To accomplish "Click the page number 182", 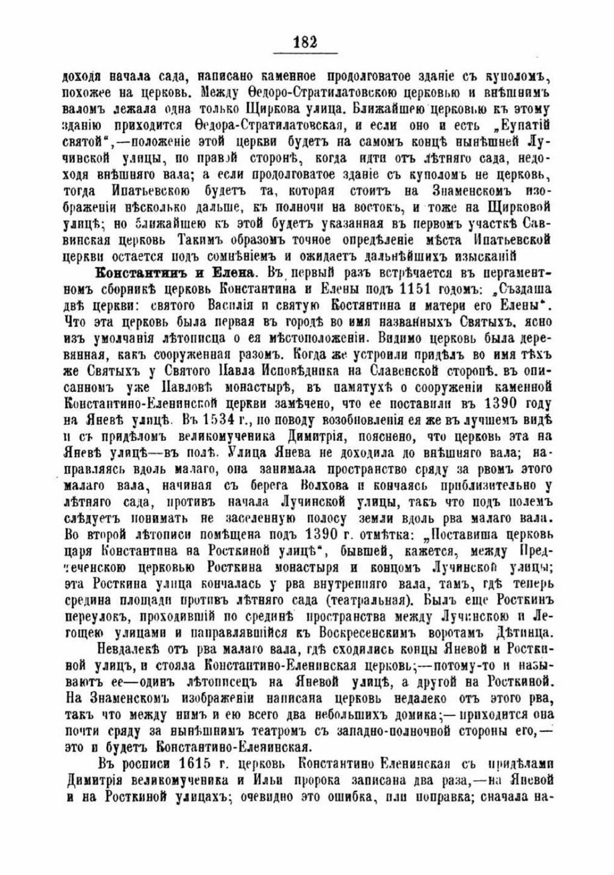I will [306, 41].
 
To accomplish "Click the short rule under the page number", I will [306, 53].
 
